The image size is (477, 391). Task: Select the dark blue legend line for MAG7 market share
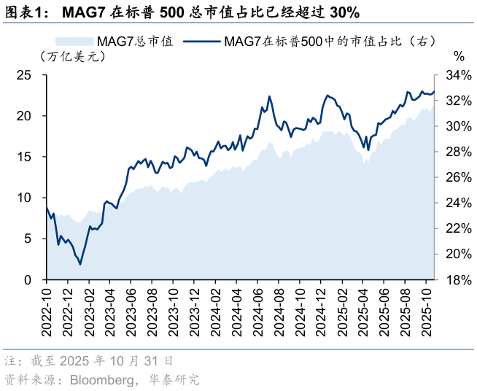pos(202,42)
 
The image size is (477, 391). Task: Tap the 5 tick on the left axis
pos(28,239)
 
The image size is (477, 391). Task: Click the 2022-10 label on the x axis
pos(46,311)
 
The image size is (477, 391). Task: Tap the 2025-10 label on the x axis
pos(431,311)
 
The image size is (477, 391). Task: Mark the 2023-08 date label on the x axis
pos(152,311)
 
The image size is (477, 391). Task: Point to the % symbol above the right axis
pos(458,56)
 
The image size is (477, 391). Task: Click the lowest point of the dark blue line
pos(80,263)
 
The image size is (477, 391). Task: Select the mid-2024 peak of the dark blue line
pos(269,96)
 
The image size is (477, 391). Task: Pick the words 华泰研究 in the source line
pos(174,379)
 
